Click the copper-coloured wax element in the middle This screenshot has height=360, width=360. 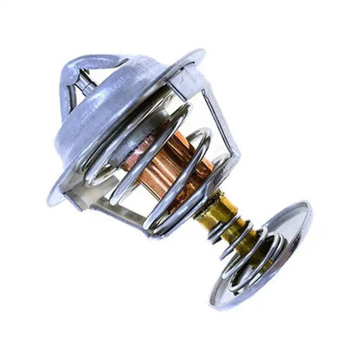coord(169,169)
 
